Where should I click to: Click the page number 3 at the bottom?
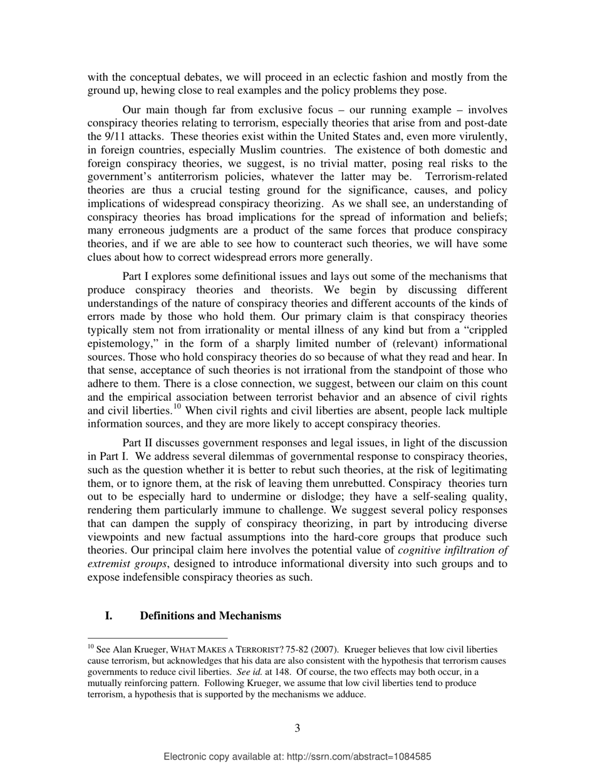click(x=297, y=728)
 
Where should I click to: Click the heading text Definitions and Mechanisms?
click(x=210, y=616)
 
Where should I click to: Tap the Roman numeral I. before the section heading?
click(x=108, y=616)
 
